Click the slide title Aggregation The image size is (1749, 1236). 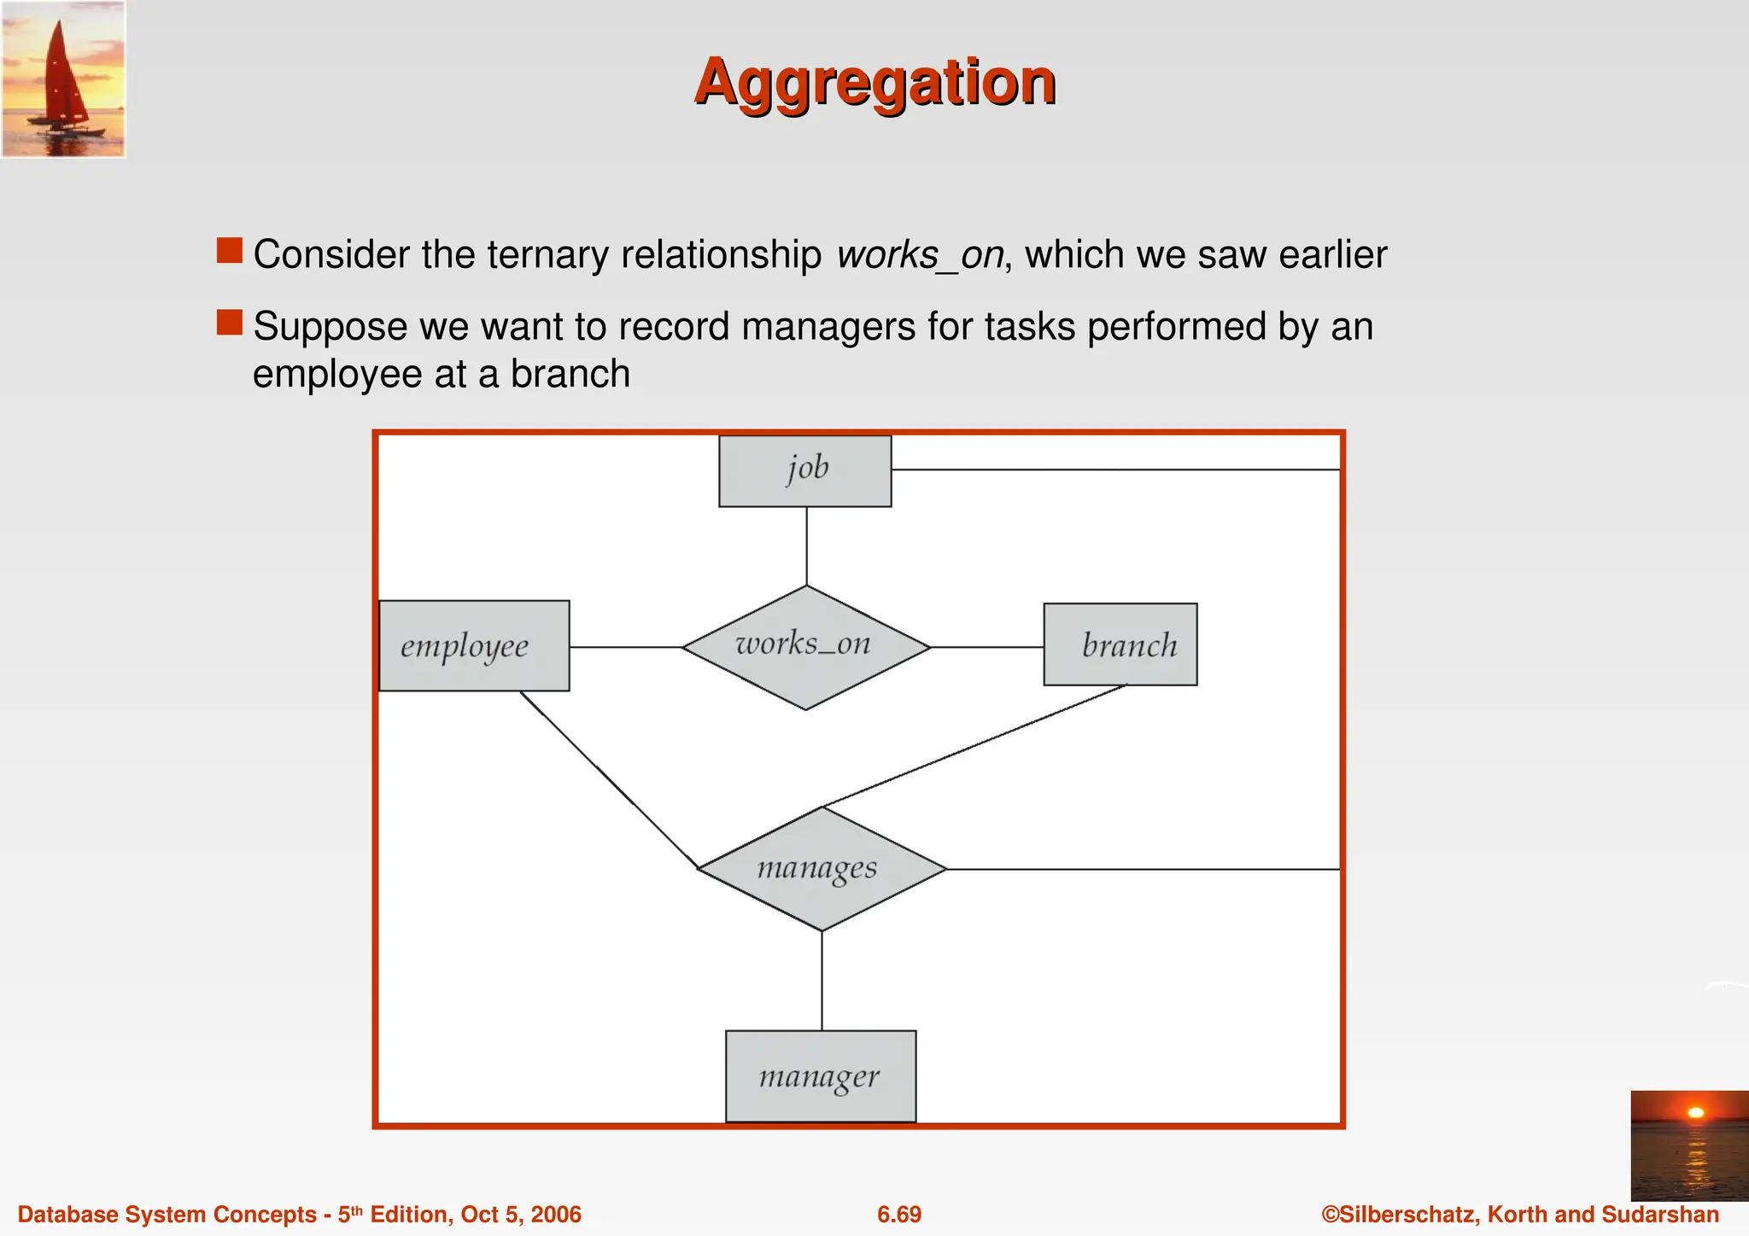point(875,82)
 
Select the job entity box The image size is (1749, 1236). point(804,470)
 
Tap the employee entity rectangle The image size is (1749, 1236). point(474,645)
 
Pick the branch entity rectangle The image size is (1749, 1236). point(1120,644)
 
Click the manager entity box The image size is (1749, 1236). point(820,1076)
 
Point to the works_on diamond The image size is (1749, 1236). point(805,646)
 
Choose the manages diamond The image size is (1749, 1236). point(822,868)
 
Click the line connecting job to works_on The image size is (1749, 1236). point(806,545)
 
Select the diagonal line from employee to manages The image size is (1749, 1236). point(608,779)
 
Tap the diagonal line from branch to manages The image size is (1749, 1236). point(974,746)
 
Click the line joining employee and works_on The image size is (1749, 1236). point(625,647)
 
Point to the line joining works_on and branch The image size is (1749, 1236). point(986,647)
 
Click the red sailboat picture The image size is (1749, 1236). point(63,79)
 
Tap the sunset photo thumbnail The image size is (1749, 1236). point(1689,1145)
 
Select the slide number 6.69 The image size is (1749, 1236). point(899,1214)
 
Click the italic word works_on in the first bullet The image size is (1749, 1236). point(919,255)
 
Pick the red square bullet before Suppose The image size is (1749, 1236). point(230,323)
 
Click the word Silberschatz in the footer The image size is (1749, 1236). point(1410,1214)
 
